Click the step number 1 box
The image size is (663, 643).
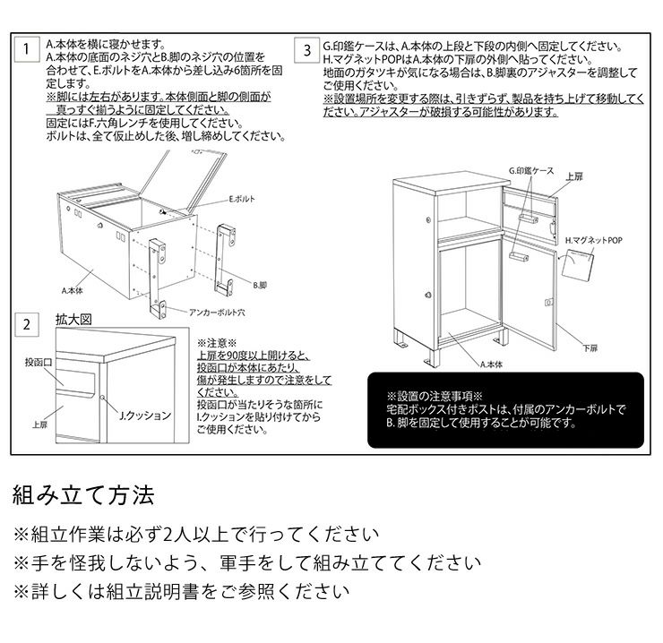pos(30,49)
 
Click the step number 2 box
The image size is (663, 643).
pos(30,324)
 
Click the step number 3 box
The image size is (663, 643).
pos(307,49)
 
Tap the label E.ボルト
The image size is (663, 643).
pos(242,198)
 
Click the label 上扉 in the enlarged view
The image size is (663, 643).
pos(39,425)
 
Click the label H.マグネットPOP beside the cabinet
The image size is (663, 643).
pos(592,241)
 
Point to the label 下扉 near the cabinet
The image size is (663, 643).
pos(590,347)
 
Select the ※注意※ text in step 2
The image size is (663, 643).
pos(214,342)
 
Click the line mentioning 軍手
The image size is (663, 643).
pos(240,563)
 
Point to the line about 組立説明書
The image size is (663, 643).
pos(177,591)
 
